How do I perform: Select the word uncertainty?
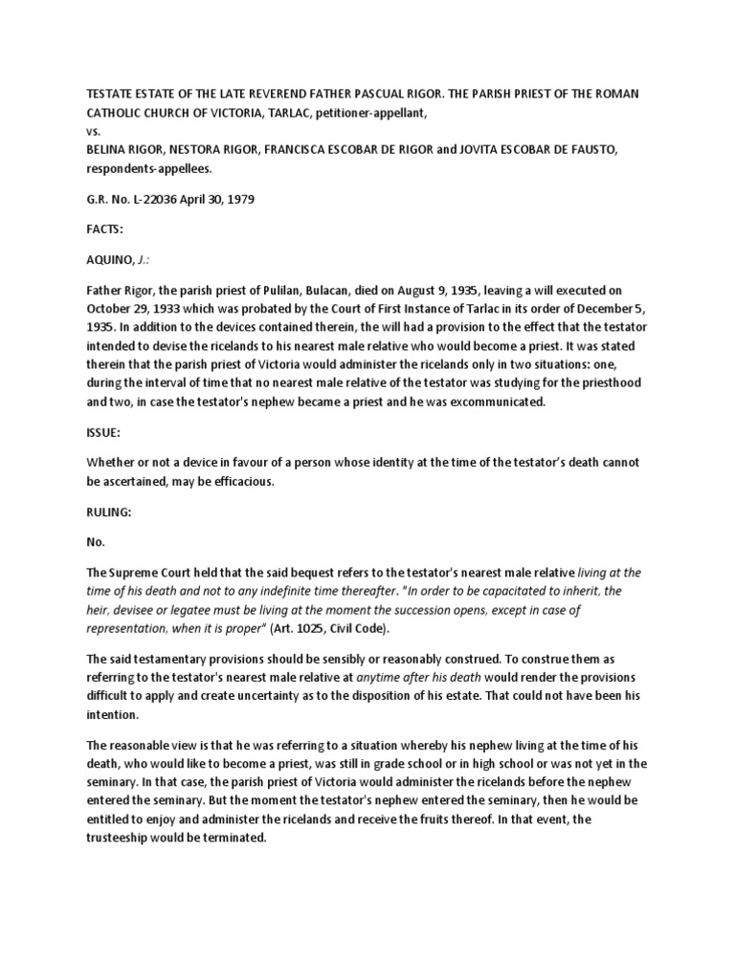pyautogui.click(x=283, y=694)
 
